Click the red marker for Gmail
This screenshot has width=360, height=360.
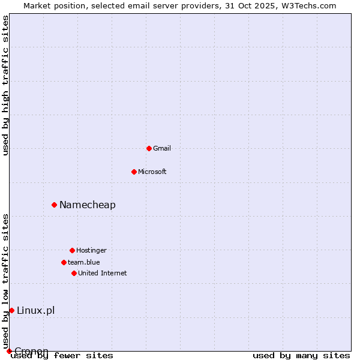coord(149,148)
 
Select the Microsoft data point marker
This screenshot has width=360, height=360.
coord(134,172)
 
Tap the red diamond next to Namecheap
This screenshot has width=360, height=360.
coord(54,205)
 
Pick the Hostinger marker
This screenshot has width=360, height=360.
coord(72,250)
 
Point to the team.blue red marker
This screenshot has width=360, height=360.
coord(64,262)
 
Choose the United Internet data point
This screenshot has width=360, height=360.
coord(74,273)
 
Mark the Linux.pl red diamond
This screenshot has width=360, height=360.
coord(11,310)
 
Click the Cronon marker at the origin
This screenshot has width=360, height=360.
coord(9,351)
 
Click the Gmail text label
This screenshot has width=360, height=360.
coord(162,148)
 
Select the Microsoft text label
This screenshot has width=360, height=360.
coord(152,172)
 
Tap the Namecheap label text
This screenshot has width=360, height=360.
coord(88,205)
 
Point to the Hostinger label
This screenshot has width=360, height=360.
coord(91,250)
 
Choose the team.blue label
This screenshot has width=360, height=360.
coord(84,262)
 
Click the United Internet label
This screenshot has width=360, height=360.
coord(103,273)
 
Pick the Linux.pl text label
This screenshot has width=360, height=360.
coord(36,310)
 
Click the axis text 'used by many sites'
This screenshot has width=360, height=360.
coord(301,356)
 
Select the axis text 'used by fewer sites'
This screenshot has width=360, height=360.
coord(62,356)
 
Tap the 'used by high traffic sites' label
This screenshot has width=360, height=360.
coord(5,85)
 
